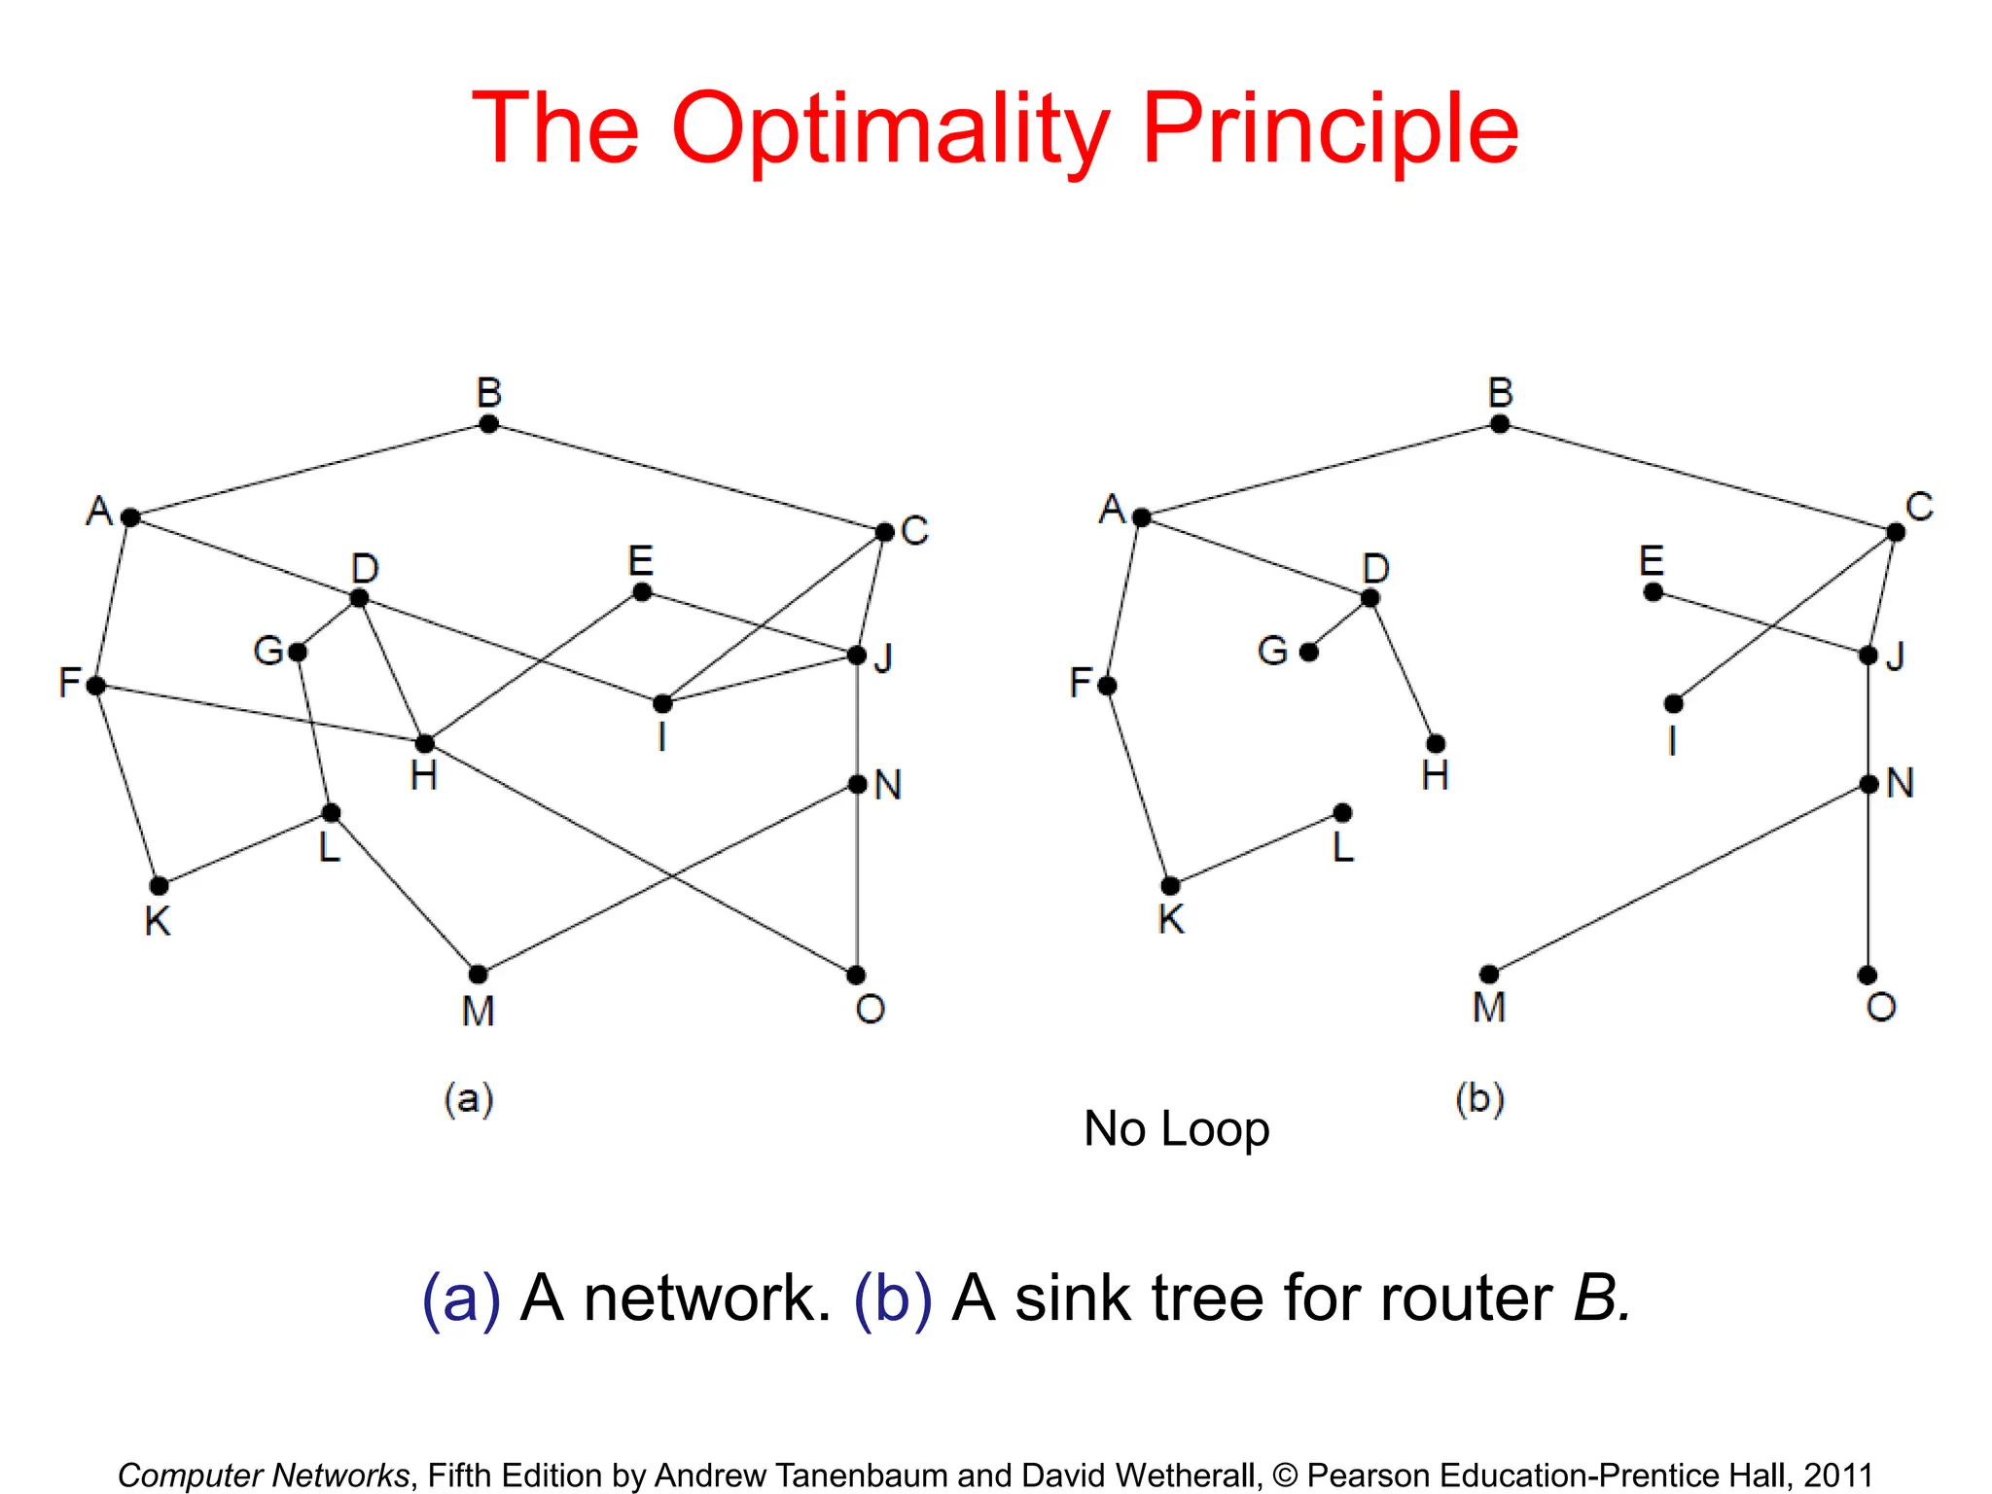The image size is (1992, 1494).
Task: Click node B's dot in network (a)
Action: click(x=489, y=424)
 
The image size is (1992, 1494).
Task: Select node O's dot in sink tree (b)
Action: click(x=1867, y=975)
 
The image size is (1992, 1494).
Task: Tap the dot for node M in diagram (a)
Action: click(x=478, y=974)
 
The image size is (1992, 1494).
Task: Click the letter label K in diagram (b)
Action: click(x=1171, y=919)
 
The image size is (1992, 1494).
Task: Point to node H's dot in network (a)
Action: click(x=424, y=744)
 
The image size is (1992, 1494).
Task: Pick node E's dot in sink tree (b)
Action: click(x=1653, y=591)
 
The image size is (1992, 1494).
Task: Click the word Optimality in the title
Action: click(x=890, y=128)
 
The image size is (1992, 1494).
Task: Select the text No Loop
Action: click(x=1176, y=1129)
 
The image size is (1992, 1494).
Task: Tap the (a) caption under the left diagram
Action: click(x=469, y=1098)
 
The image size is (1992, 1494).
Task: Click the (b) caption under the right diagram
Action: click(x=1479, y=1098)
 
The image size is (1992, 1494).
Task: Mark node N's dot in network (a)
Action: click(x=857, y=784)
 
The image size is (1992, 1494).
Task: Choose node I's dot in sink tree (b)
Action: click(x=1673, y=703)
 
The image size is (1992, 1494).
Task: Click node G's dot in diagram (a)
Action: click(x=298, y=652)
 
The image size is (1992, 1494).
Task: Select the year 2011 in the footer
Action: click(x=1837, y=1475)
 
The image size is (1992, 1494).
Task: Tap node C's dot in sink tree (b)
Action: click(x=1896, y=532)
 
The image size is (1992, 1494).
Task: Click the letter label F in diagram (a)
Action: click(x=69, y=683)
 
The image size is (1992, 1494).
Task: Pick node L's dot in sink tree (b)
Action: click(x=1342, y=812)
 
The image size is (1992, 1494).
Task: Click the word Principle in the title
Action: click(x=1330, y=128)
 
